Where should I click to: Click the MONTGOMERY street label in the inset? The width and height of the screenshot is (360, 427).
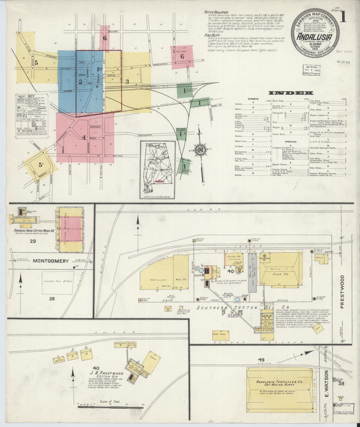(51, 261)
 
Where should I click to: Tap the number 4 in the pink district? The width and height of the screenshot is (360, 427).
(84, 138)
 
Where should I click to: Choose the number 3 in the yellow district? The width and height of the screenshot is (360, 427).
(128, 81)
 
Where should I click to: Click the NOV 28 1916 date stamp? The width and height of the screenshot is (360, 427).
(343, 62)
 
